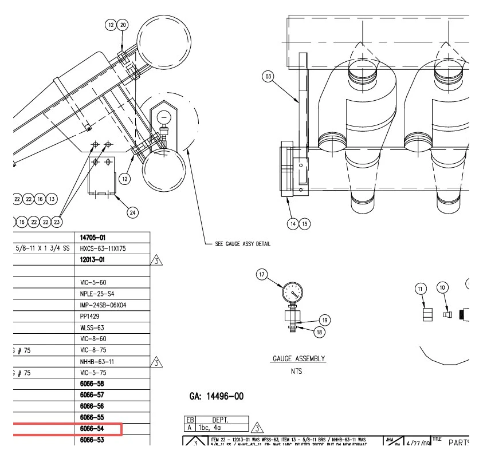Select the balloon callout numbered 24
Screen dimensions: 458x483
(133, 213)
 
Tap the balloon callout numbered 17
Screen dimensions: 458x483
(262, 275)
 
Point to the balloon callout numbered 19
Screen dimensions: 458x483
(324, 320)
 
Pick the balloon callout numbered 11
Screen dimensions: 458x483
(421, 289)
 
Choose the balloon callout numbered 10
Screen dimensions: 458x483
(442, 287)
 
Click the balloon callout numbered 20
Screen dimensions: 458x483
(123, 25)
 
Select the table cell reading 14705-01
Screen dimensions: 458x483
(93, 238)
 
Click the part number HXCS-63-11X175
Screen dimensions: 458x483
(103, 248)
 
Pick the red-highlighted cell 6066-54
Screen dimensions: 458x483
(92, 429)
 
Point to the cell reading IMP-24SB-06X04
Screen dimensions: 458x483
(103, 305)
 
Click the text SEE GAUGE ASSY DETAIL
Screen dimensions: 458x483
(242, 244)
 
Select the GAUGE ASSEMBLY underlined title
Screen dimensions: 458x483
(299, 359)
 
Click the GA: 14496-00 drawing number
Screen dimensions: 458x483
(217, 396)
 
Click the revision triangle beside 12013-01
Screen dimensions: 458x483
(156, 260)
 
